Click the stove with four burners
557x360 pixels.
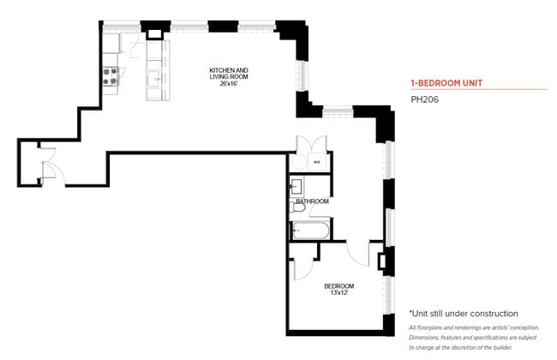(x=111, y=75)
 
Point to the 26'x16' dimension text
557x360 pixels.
(x=229, y=83)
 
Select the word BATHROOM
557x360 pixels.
(x=313, y=201)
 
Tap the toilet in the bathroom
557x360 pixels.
(x=299, y=207)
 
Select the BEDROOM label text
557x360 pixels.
(x=338, y=285)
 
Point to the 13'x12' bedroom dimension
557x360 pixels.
(x=338, y=293)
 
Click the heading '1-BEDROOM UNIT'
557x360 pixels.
(x=447, y=83)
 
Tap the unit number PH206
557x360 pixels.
(x=424, y=99)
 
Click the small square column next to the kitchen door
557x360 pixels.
(x=154, y=33)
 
